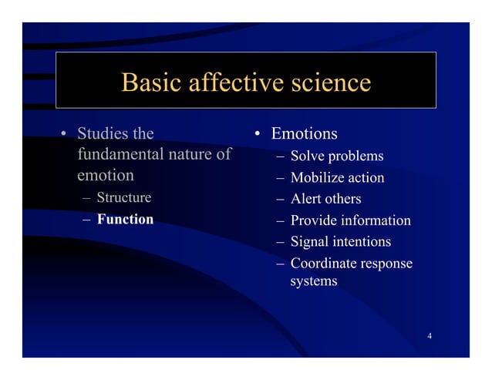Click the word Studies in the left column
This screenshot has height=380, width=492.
(103, 135)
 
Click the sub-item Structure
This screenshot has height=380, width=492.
(123, 197)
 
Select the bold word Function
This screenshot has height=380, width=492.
(125, 220)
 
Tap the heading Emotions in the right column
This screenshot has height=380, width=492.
(305, 135)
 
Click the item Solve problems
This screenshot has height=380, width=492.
(336, 157)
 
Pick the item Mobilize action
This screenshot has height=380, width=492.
(337, 178)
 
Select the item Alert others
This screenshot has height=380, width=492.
(325, 200)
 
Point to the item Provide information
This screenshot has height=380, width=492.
(350, 220)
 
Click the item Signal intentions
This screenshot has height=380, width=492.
(340, 242)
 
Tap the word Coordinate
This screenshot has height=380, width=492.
(322, 264)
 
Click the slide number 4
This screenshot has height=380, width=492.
(429, 336)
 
